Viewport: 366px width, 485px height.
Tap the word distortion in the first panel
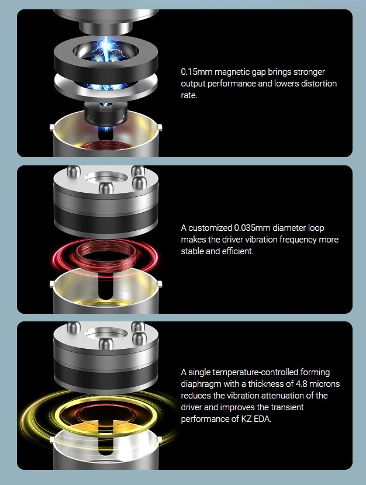click(319, 84)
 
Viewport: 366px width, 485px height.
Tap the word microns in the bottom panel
click(324, 384)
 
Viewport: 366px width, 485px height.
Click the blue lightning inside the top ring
click(106, 50)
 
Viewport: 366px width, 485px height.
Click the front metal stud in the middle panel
click(106, 188)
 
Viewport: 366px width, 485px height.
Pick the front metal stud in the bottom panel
click(106, 344)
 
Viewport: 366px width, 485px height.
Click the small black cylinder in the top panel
click(106, 113)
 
